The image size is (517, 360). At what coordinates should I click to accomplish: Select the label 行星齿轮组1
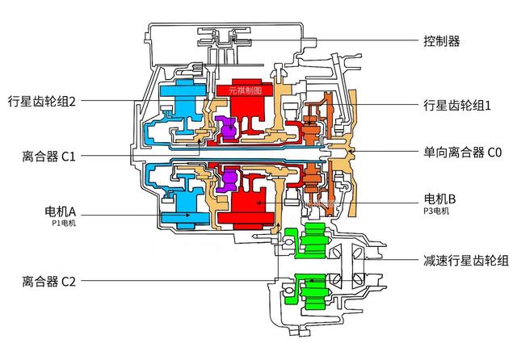[x=457, y=105]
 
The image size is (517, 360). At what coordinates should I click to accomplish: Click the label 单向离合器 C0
[x=461, y=152]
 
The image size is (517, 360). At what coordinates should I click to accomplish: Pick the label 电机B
[x=439, y=199]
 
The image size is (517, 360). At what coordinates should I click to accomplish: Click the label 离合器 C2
[x=50, y=281]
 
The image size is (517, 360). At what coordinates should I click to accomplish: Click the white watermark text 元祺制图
[x=245, y=91]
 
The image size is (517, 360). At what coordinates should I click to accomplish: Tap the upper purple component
[x=228, y=127]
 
